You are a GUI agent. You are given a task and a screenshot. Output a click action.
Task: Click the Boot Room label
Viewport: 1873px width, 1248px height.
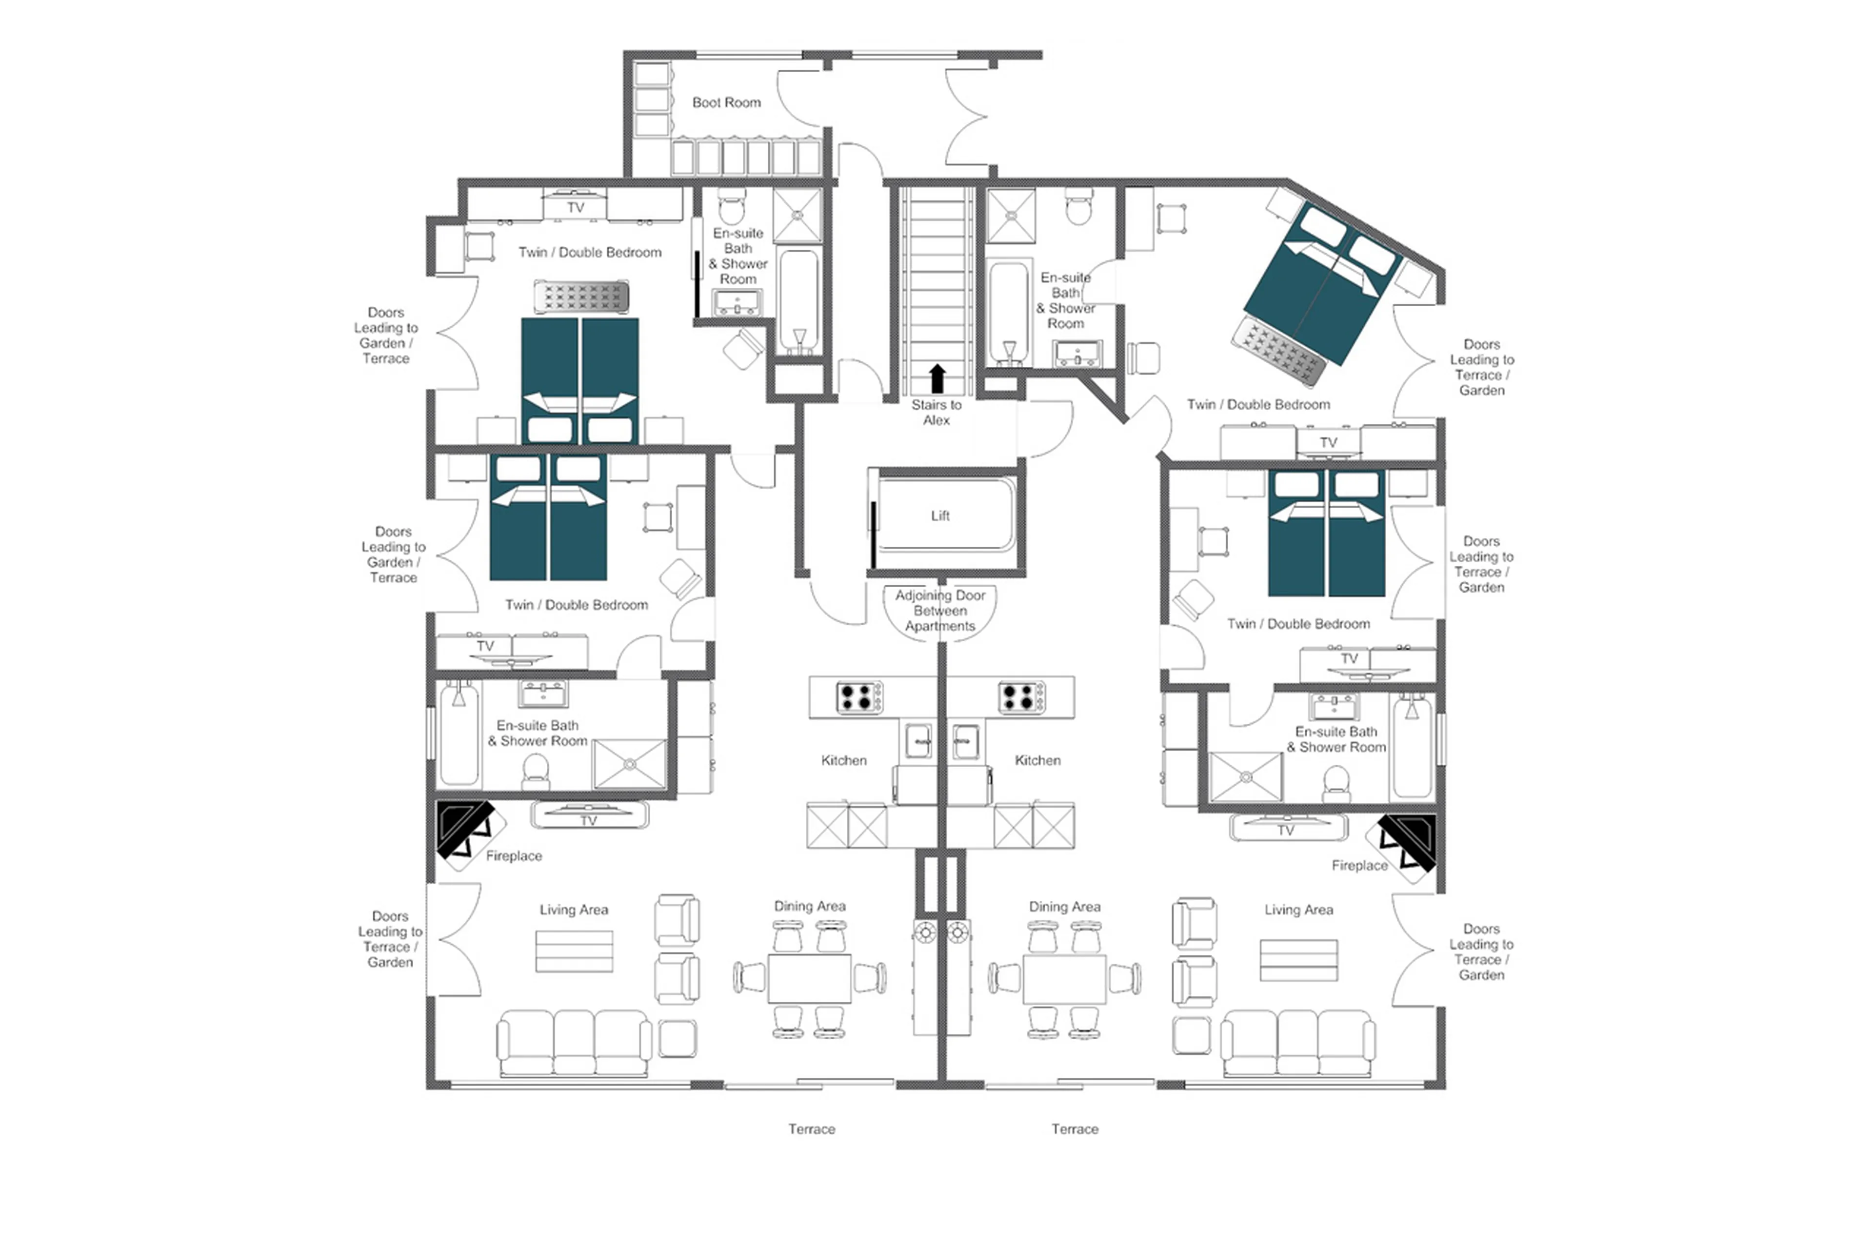tap(725, 103)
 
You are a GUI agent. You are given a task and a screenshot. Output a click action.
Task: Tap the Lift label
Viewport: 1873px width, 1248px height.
tap(939, 516)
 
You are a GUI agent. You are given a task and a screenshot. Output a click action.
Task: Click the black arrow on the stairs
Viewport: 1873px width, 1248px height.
tap(937, 379)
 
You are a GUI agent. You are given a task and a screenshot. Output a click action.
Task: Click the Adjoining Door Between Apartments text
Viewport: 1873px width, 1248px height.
tap(939, 611)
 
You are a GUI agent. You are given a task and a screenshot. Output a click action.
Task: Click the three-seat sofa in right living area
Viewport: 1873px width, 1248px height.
tap(1297, 1043)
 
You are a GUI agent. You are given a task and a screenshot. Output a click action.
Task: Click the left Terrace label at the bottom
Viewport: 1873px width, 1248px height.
tap(811, 1129)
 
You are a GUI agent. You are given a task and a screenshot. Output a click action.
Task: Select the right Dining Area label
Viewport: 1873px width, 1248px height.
tap(1064, 907)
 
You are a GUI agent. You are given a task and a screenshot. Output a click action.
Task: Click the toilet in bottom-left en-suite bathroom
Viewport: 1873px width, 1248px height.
tap(535, 770)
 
